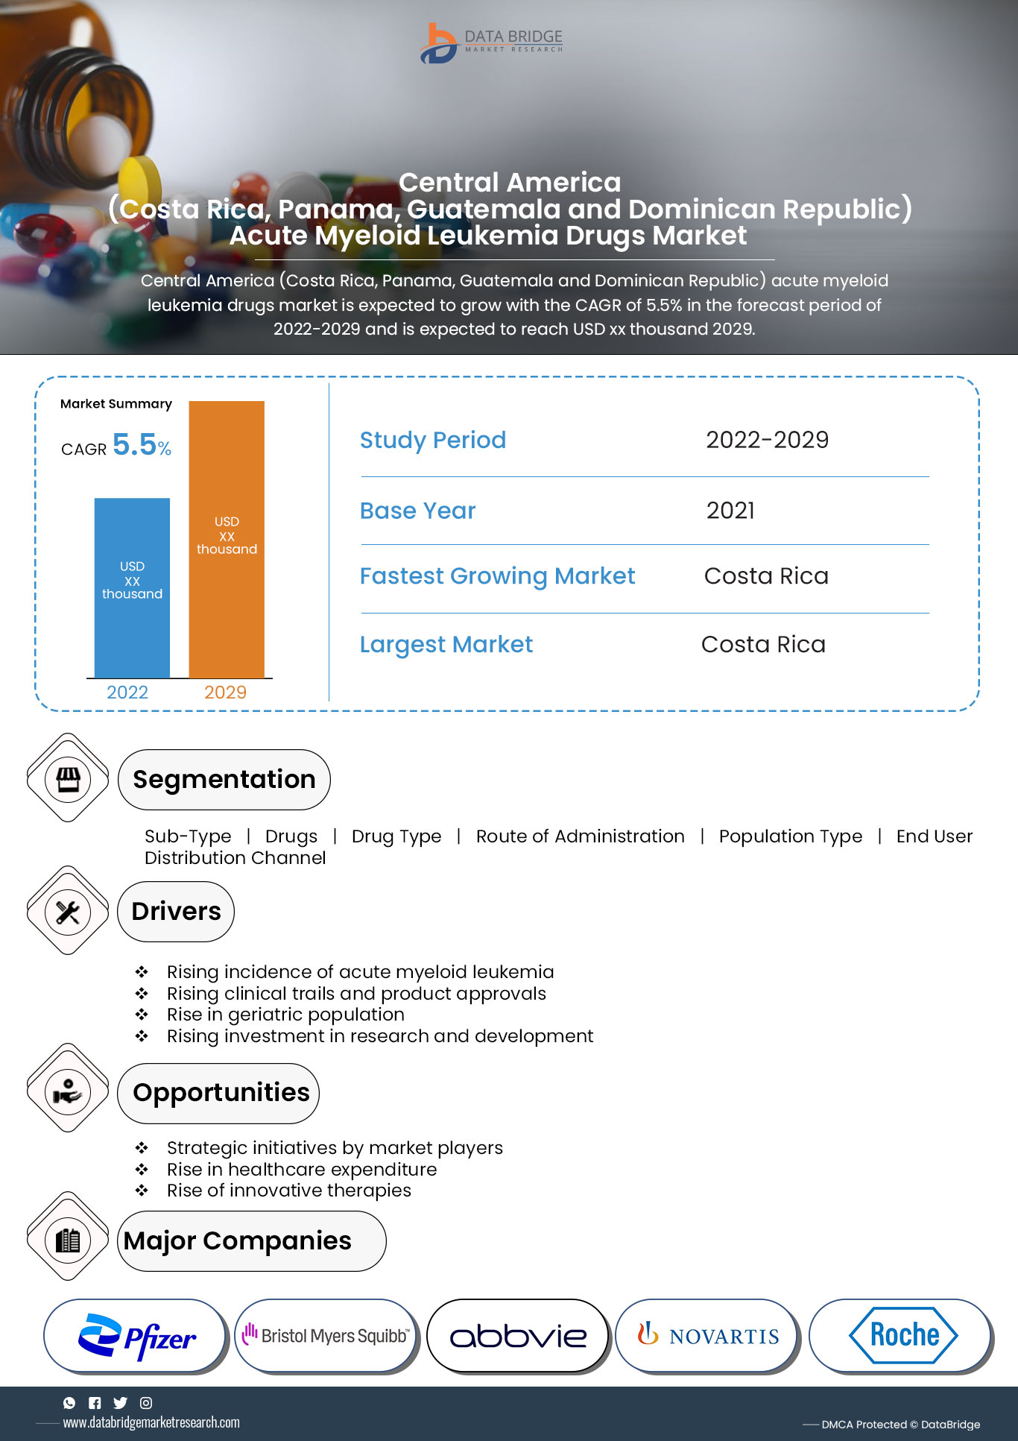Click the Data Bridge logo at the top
coord(492,43)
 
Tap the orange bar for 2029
coord(227,539)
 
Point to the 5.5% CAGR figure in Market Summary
coord(142,445)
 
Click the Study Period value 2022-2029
coord(767,440)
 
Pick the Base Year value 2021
coord(730,511)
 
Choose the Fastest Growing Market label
coord(497,576)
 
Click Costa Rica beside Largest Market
coord(763,644)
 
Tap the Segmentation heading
coord(224,780)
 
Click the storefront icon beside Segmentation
coord(68,778)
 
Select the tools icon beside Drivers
coord(68,912)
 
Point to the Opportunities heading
coord(221,1093)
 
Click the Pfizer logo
coord(136,1337)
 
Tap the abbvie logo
coord(518,1337)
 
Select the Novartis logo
coord(708,1335)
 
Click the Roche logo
coord(902,1335)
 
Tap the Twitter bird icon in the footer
coord(120,1403)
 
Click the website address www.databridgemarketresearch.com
coord(151,1422)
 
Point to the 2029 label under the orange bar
coord(225,693)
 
